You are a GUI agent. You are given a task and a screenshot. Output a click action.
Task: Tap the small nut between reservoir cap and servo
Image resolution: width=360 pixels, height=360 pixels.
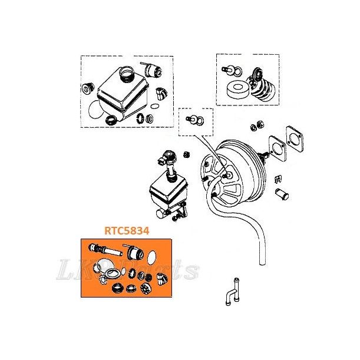184,154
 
